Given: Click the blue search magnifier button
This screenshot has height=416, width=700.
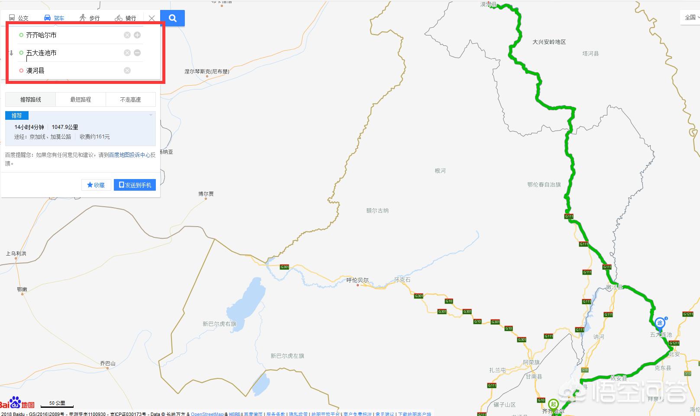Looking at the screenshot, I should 172,18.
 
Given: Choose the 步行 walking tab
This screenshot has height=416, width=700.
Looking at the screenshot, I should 90,18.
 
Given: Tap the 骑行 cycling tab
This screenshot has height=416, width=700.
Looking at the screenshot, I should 126,18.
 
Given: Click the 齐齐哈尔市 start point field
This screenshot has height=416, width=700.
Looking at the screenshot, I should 69,35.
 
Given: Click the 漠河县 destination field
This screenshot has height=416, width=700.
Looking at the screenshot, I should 69,70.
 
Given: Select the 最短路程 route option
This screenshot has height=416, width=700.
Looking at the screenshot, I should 81,99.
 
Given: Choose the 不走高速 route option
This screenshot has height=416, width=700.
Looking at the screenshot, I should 130,99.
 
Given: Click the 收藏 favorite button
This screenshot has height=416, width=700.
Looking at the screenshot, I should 96,185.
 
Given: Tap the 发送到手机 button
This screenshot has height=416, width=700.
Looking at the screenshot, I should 135,185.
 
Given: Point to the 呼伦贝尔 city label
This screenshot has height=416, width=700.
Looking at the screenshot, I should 358,280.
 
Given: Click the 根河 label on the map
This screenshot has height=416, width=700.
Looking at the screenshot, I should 440,171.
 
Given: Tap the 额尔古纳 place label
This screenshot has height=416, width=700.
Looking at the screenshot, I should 377,211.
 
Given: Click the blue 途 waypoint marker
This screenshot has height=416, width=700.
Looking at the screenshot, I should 660,323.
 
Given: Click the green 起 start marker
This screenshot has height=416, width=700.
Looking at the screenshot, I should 553,404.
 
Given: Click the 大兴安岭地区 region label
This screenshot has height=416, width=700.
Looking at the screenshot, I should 549,42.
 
